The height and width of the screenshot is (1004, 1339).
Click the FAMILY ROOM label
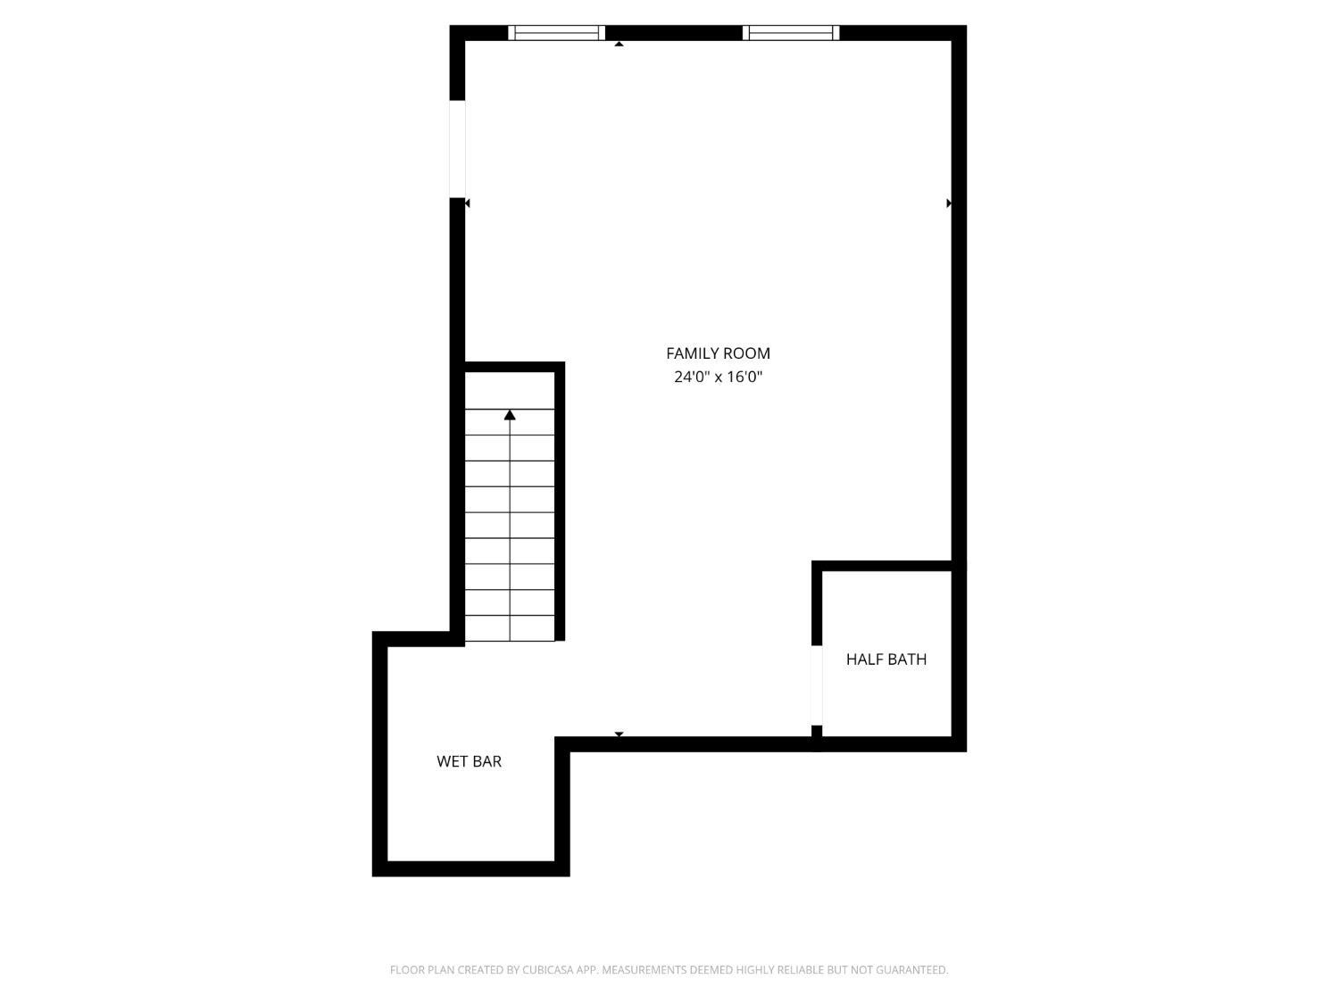click(x=718, y=353)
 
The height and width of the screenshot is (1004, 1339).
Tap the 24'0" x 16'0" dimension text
click(x=718, y=377)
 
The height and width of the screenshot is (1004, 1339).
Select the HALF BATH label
click(x=886, y=660)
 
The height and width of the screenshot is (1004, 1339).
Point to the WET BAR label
click(x=469, y=761)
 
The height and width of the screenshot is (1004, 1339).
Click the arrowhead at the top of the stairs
click(x=510, y=415)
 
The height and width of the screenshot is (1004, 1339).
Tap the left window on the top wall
click(x=557, y=33)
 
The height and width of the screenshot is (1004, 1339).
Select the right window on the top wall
click(x=791, y=33)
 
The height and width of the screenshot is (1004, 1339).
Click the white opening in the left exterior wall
click(x=457, y=148)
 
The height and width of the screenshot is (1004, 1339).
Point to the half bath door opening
click(x=817, y=685)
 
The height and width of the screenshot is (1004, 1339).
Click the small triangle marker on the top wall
click(x=619, y=43)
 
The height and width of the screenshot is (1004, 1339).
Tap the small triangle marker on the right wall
click(x=949, y=203)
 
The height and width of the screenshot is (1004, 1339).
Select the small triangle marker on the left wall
click(x=467, y=203)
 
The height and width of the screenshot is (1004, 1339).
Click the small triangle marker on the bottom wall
click(x=619, y=734)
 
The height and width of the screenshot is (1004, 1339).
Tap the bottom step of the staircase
click(x=510, y=628)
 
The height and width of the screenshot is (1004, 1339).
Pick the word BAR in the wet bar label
click(x=487, y=761)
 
